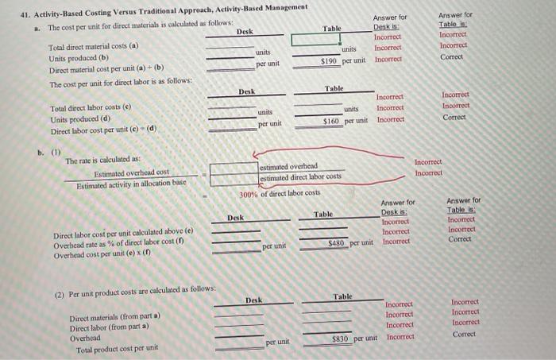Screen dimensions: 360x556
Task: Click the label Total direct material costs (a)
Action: click(x=93, y=47)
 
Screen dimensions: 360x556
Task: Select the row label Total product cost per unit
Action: click(x=118, y=347)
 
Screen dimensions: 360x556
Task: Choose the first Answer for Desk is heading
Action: click(x=389, y=22)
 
